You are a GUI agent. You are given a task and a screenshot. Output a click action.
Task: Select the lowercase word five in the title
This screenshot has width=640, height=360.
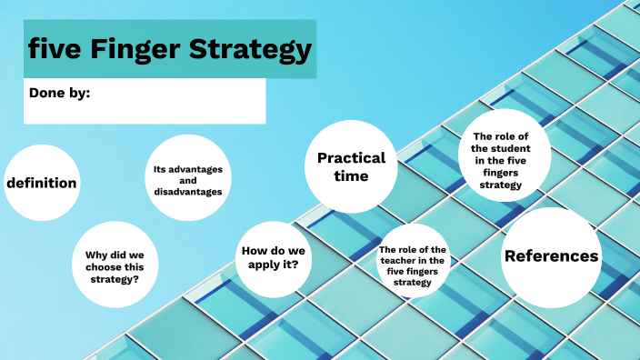tap(53, 49)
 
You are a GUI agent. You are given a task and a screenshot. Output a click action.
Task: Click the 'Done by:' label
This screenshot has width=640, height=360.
tap(59, 92)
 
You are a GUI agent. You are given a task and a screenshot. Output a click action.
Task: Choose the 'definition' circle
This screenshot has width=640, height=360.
tap(42, 183)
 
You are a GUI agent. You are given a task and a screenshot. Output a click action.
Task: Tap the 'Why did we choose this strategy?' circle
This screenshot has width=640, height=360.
tap(115, 262)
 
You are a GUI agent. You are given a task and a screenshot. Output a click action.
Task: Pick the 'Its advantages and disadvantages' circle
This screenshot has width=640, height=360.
tap(188, 179)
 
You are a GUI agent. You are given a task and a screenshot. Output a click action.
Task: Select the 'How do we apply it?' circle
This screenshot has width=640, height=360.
tap(274, 257)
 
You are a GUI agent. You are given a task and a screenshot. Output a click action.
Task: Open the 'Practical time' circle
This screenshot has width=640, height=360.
tap(351, 166)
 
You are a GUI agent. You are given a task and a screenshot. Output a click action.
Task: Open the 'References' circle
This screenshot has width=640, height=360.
tap(552, 256)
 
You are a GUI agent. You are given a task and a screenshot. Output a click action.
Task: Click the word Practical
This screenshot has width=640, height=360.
tap(351, 157)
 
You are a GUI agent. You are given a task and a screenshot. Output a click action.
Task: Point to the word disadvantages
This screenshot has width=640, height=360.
tap(188, 191)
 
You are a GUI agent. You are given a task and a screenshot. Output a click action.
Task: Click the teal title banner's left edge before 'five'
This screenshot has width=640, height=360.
tap(26, 49)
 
